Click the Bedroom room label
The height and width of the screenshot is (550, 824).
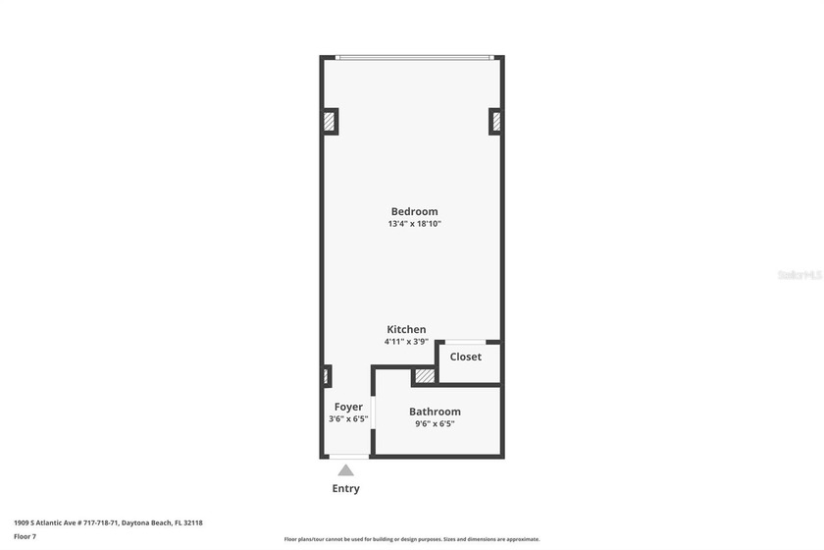pos(414,211)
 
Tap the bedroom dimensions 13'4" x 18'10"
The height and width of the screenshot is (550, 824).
pos(414,224)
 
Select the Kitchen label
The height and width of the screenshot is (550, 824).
pos(406,329)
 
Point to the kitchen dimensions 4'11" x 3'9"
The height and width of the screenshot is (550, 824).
pos(406,342)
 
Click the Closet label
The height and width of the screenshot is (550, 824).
pos(466,357)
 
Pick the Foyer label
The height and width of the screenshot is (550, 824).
pos(348,407)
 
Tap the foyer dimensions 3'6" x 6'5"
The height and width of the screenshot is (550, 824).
pos(348,419)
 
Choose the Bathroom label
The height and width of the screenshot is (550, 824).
pos(435,412)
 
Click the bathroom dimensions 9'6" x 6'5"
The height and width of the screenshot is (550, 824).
pos(435,424)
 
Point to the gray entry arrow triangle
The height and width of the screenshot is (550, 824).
pos(345,470)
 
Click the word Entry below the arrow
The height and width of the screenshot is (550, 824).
pos(345,489)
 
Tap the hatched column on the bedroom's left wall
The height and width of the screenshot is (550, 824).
pos(330,122)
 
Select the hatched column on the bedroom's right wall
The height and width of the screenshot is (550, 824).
pos(495,122)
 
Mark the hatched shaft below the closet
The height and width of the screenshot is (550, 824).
pos(424,376)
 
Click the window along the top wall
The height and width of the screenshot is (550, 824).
pos(413,57)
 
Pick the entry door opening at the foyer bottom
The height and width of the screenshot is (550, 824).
pos(348,457)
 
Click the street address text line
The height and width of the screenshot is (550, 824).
pos(108,522)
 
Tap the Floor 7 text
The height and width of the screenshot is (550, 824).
pos(25,536)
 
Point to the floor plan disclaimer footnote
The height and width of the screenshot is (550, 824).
pos(412,539)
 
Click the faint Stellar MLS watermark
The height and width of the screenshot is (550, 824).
pos(798,275)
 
